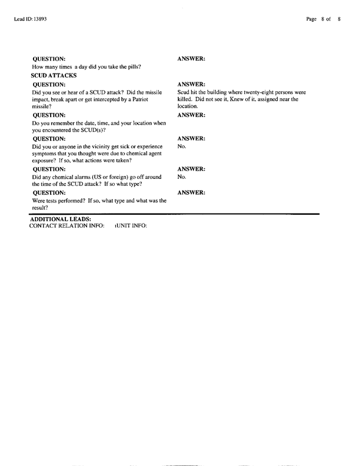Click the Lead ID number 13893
point(38,19)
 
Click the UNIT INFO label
point(131,227)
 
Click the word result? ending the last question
point(39,208)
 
